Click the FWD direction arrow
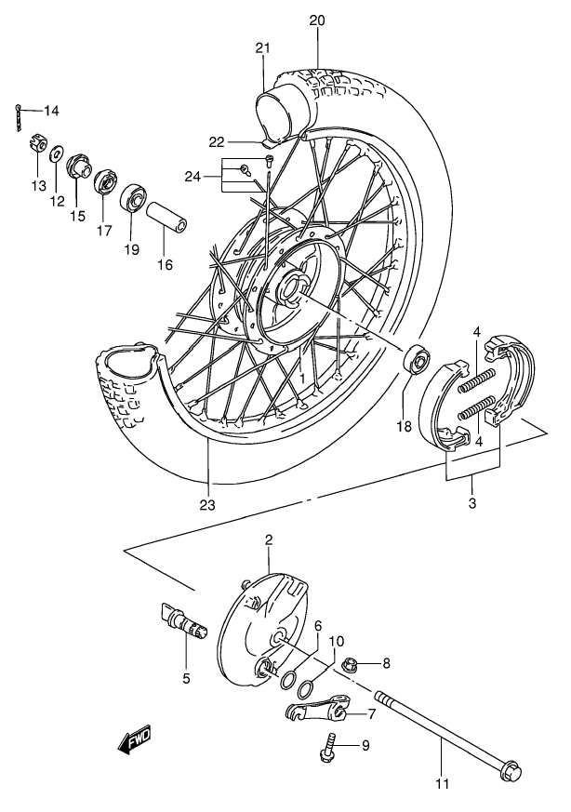134,739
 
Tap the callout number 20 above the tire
317,20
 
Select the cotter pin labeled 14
20,117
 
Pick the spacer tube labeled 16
166,220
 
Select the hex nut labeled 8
352,664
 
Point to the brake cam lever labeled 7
318,707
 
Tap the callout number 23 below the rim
208,505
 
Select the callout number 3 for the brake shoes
472,503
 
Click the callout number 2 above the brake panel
269,539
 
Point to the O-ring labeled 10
307,688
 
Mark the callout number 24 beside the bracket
193,177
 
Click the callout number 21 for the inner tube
263,48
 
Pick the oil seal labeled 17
106,181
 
